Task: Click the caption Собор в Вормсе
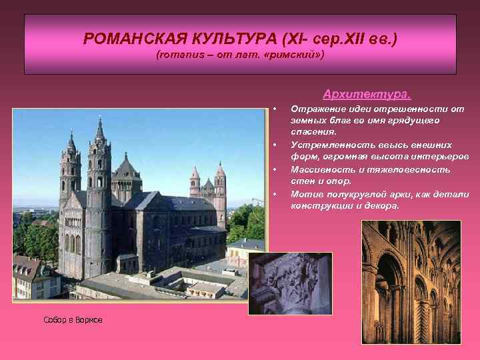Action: [73, 321]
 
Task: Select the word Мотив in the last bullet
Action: [305, 194]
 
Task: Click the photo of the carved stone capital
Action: [290, 283]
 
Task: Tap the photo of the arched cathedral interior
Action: [411, 281]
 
